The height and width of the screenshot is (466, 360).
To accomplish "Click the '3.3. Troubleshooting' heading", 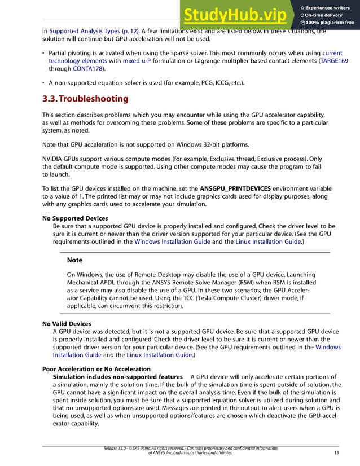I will click(x=85, y=99).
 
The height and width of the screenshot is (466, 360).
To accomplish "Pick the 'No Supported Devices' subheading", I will click(x=75, y=218).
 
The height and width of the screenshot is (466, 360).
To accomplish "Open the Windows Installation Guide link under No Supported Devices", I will click(x=170, y=241).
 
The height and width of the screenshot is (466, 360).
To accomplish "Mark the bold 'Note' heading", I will click(x=74, y=260).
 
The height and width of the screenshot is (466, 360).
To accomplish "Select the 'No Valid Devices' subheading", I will click(x=67, y=324).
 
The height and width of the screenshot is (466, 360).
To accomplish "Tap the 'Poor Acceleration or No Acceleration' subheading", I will click(x=96, y=369).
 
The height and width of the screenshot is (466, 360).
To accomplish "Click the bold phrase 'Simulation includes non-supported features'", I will click(x=117, y=377).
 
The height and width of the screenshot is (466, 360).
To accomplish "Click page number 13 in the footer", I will click(x=336, y=452).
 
